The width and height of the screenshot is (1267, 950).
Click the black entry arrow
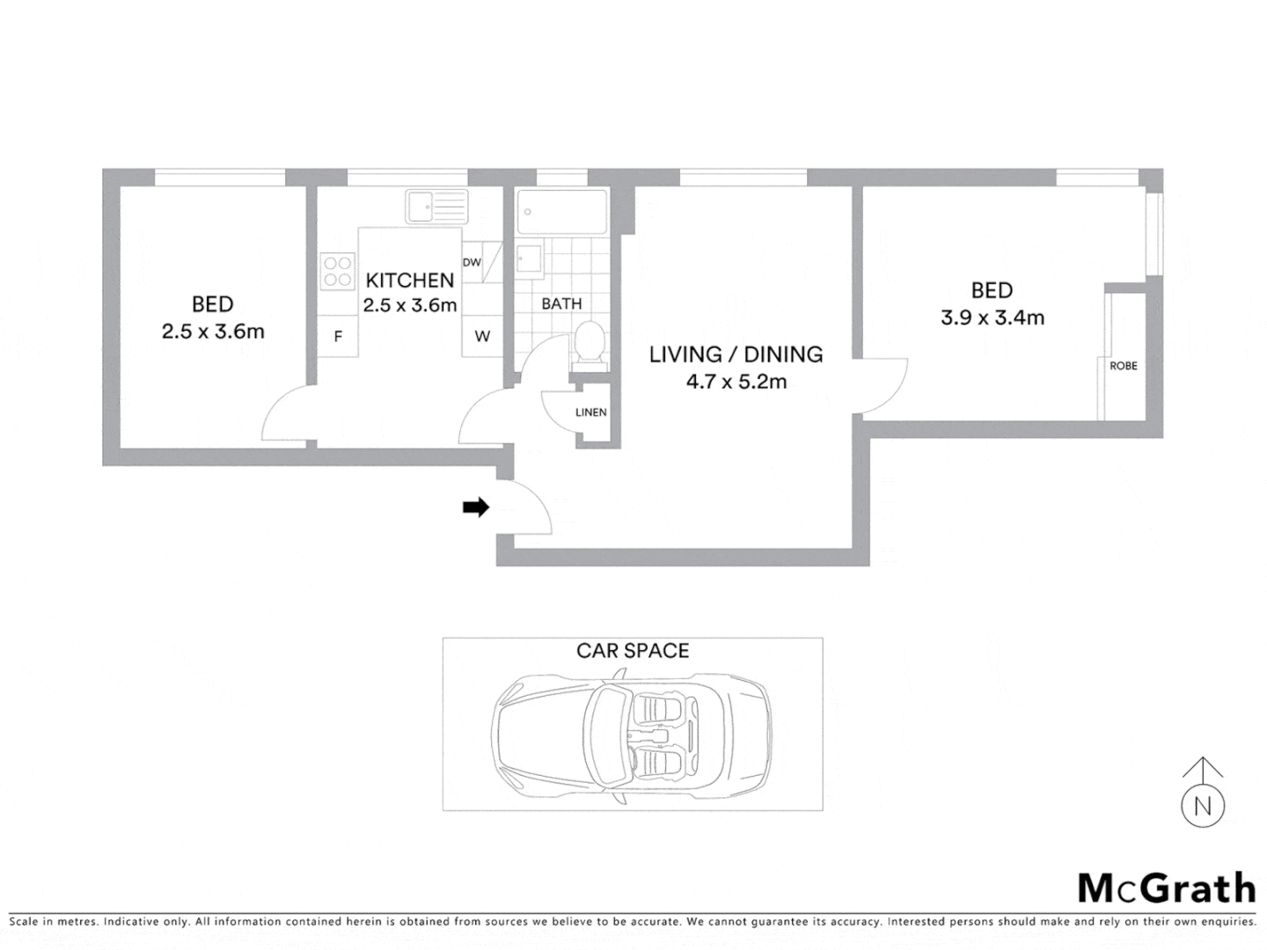[x=476, y=508]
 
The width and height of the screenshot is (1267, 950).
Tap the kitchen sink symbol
[x=436, y=208]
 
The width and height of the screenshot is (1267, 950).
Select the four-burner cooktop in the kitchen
[x=337, y=271]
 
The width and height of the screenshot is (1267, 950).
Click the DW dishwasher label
[x=472, y=262]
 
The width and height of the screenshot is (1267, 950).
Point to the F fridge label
[x=338, y=337]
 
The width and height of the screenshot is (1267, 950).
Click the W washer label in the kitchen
[x=482, y=337]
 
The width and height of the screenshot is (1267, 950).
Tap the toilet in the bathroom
[x=588, y=343]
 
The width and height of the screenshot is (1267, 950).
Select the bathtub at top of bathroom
[x=561, y=211]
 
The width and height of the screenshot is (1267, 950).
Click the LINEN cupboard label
[x=590, y=413]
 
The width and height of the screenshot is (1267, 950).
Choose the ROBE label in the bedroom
[x=1123, y=366]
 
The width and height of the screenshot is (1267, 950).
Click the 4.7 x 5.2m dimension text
[x=736, y=382]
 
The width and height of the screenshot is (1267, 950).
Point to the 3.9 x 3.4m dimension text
[x=992, y=318]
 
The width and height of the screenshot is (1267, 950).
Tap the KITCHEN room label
[x=410, y=281]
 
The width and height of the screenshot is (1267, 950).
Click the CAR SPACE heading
[x=633, y=651]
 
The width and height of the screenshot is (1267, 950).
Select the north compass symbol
[x=1203, y=794]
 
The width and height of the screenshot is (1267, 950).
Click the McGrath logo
[x=1167, y=888]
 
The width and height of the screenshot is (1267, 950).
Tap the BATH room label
[x=561, y=303]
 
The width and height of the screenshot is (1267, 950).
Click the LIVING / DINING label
[x=736, y=354]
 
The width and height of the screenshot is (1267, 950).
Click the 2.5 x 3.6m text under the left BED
[x=213, y=332]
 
